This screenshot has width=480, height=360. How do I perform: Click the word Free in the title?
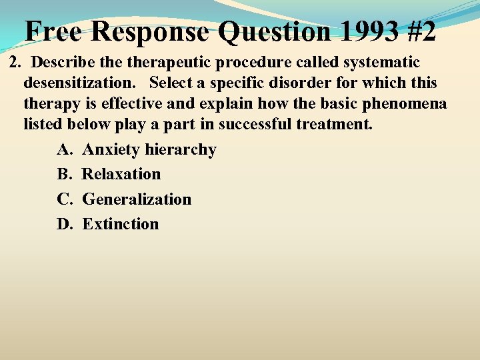click(x=55, y=31)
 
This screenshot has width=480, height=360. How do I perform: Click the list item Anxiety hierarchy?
click(x=149, y=150)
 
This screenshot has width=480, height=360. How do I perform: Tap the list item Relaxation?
click(x=121, y=175)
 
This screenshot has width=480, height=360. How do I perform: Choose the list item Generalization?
click(x=136, y=199)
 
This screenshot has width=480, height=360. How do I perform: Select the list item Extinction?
click(x=120, y=224)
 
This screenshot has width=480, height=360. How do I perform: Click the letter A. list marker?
click(x=65, y=150)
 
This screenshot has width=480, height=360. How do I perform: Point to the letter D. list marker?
click(x=65, y=224)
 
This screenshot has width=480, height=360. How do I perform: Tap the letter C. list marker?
click(x=65, y=199)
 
